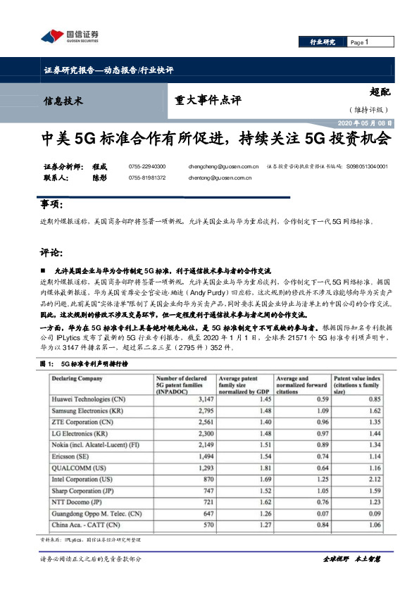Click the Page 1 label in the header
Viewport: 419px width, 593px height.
(x=360, y=43)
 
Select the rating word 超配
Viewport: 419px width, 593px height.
(x=380, y=91)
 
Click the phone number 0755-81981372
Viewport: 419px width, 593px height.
(x=147, y=178)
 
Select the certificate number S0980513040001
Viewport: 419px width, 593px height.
(x=368, y=167)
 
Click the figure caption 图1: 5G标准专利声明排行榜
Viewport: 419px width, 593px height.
(x=84, y=364)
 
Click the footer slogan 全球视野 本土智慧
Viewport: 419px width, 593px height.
(x=351, y=558)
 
